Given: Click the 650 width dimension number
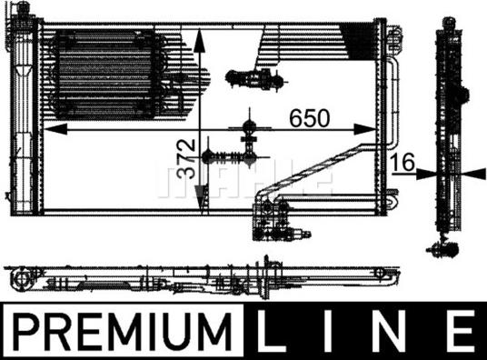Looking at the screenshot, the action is tap(309, 118).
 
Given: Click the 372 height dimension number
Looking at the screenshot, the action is tap(185, 159).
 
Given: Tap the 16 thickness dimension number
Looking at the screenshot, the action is tap(403, 162).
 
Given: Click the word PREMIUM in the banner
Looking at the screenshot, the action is tap(124, 332).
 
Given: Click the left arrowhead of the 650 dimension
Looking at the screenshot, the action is tap(55, 129).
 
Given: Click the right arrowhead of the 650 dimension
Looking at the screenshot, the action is tap(365, 129).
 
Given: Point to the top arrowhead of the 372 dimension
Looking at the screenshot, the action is tap(199, 39).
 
